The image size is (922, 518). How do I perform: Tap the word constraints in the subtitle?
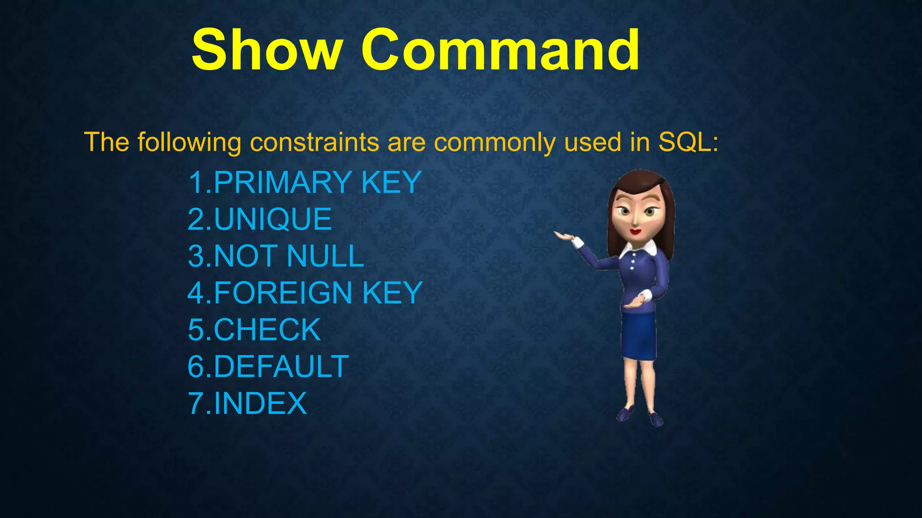click(x=315, y=143)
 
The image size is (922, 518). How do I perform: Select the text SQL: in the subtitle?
click(x=688, y=143)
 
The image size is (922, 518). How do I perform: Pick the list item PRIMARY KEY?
click(x=317, y=183)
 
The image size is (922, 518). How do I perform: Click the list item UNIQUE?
click(x=273, y=219)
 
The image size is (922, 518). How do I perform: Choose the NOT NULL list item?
click(x=289, y=256)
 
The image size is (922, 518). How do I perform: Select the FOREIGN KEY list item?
click(x=318, y=293)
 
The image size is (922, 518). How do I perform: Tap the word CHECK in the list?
click(x=267, y=330)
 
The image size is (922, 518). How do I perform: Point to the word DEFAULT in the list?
click(x=281, y=367)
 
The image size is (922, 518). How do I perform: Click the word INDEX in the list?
click(x=260, y=403)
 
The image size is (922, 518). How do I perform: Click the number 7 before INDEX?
click(x=196, y=403)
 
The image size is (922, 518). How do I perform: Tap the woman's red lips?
click(x=635, y=232)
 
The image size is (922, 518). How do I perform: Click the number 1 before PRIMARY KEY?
click(x=196, y=183)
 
